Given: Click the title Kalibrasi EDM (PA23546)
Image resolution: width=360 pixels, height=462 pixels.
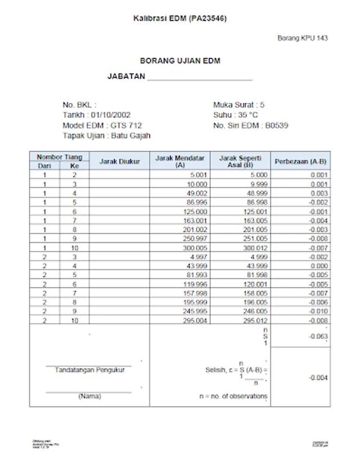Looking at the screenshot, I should [180, 18].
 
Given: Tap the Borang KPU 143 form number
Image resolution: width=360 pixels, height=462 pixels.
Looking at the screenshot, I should [302, 38].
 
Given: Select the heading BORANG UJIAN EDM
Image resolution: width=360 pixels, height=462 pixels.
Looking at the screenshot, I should [180, 61].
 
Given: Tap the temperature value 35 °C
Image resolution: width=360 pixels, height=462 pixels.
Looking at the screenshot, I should [248, 115].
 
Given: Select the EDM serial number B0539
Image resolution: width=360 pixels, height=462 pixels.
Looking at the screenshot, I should [278, 125].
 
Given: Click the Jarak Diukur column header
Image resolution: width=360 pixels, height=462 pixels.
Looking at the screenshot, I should [119, 161].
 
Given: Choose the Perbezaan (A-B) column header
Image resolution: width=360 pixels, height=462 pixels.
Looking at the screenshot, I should [300, 161].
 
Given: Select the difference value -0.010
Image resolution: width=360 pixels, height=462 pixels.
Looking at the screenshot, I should [318, 311].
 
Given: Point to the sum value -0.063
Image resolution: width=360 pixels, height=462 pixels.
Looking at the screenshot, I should [318, 337].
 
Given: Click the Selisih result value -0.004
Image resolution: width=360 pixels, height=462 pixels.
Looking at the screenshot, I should [318, 378].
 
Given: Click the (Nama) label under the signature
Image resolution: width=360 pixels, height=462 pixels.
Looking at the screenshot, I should [89, 396].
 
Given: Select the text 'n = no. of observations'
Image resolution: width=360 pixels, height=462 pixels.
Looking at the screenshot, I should [233, 396].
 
